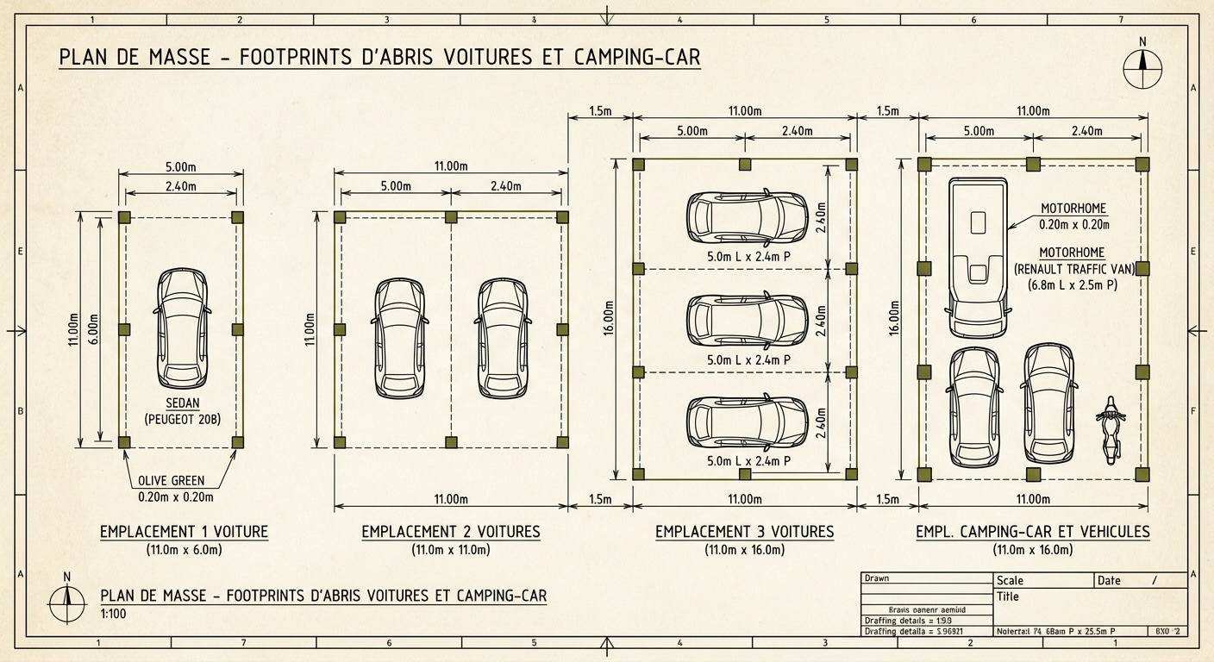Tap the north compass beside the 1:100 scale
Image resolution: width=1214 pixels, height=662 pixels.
(67, 597)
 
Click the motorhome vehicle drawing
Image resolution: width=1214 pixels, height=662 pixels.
(979, 257)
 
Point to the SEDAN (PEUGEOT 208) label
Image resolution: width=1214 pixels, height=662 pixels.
(182, 411)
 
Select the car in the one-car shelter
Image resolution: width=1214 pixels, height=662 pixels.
(182, 328)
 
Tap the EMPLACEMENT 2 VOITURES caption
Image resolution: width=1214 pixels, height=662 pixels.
(451, 532)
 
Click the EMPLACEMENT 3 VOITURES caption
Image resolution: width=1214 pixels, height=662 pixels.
(745, 532)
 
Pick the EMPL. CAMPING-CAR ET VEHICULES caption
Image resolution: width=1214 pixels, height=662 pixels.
(1032, 532)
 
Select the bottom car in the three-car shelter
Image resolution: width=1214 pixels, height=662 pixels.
(747, 423)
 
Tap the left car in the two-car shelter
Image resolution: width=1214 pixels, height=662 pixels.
(400, 338)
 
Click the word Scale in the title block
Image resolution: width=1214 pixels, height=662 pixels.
(1010, 581)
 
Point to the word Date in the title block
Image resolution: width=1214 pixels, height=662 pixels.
(1109, 581)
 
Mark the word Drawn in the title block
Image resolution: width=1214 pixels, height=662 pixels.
(877, 578)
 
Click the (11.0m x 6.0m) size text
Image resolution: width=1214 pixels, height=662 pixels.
(184, 550)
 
